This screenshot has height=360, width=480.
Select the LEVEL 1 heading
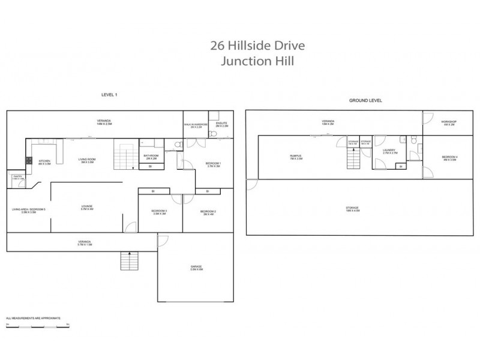point(109,95)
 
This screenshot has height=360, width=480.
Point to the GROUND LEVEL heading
point(365,101)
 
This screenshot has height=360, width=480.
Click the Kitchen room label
point(45,161)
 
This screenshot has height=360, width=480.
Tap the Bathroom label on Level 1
point(151,157)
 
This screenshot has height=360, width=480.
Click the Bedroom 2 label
point(208,212)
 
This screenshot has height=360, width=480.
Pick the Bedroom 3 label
point(159,212)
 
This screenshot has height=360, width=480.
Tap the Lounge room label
point(87,208)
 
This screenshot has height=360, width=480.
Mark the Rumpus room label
point(295,157)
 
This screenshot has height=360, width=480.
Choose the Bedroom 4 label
point(450,158)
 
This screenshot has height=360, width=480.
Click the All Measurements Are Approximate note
point(28,317)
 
